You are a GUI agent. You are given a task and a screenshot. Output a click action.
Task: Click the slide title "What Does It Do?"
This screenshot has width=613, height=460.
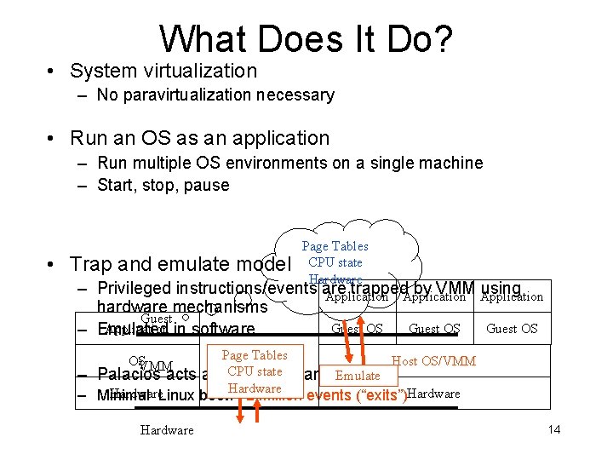(x=306, y=38)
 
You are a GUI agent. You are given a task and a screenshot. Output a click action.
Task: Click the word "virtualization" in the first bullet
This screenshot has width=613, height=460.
(x=201, y=71)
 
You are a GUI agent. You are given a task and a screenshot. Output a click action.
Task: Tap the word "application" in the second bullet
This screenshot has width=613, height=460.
(x=282, y=138)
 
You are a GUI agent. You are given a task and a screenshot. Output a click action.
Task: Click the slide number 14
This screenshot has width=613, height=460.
(x=553, y=429)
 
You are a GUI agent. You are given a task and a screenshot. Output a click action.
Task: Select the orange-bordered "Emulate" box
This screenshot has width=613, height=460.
(x=358, y=376)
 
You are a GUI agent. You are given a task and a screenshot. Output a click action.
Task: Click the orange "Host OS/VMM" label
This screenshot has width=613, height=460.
(x=433, y=361)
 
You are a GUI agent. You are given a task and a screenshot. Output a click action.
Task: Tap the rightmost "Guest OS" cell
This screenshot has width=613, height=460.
(x=512, y=329)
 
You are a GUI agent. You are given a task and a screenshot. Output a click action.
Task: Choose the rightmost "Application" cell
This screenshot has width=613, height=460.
(x=512, y=296)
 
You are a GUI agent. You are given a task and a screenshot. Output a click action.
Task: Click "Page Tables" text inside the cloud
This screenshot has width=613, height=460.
(x=336, y=246)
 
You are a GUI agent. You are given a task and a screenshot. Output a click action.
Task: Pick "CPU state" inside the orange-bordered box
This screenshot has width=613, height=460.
(x=255, y=371)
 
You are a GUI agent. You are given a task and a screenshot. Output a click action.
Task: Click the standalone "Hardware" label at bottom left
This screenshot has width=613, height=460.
(x=167, y=430)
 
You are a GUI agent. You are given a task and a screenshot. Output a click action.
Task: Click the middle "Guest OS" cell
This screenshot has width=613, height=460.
(x=434, y=329)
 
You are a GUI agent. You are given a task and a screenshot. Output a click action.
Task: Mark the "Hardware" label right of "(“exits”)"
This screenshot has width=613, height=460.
(x=433, y=394)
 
